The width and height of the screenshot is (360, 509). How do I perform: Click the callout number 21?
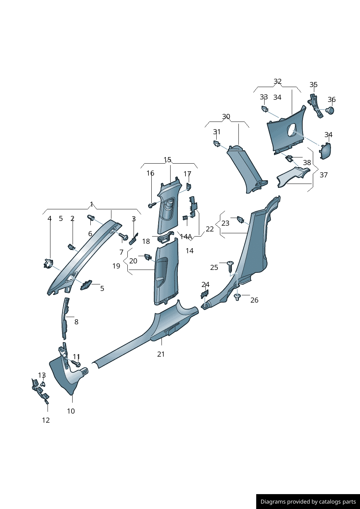point(161,354)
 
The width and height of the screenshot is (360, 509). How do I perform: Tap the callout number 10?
point(71,411)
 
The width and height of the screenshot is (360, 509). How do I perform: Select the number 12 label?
point(46,420)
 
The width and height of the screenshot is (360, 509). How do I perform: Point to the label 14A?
point(186,237)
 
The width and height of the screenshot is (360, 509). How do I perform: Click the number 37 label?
point(324,175)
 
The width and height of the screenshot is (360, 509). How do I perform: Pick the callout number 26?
point(254,300)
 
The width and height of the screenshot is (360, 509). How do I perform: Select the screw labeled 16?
point(152,205)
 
